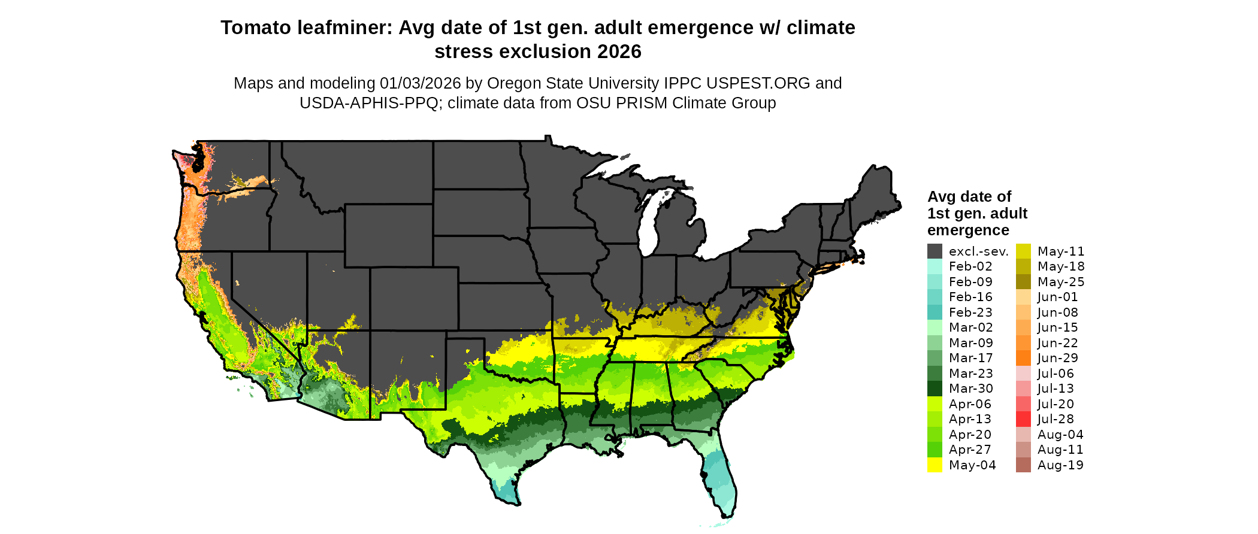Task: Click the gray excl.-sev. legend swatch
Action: pyautogui.click(x=935, y=251)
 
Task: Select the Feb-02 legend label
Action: pyautogui.click(x=970, y=266)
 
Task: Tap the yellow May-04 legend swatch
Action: pyautogui.click(x=935, y=465)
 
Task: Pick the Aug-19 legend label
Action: pyautogui.click(x=1060, y=465)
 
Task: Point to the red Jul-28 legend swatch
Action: pyautogui.click(x=1023, y=419)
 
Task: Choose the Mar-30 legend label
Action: pyautogui.click(x=970, y=389)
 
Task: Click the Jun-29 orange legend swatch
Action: pyautogui.click(x=1023, y=358)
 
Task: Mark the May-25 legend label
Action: pyautogui.click(x=1061, y=282)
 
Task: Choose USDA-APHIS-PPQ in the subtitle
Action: pyautogui.click(x=369, y=103)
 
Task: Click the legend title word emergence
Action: pyautogui.click(x=968, y=230)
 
